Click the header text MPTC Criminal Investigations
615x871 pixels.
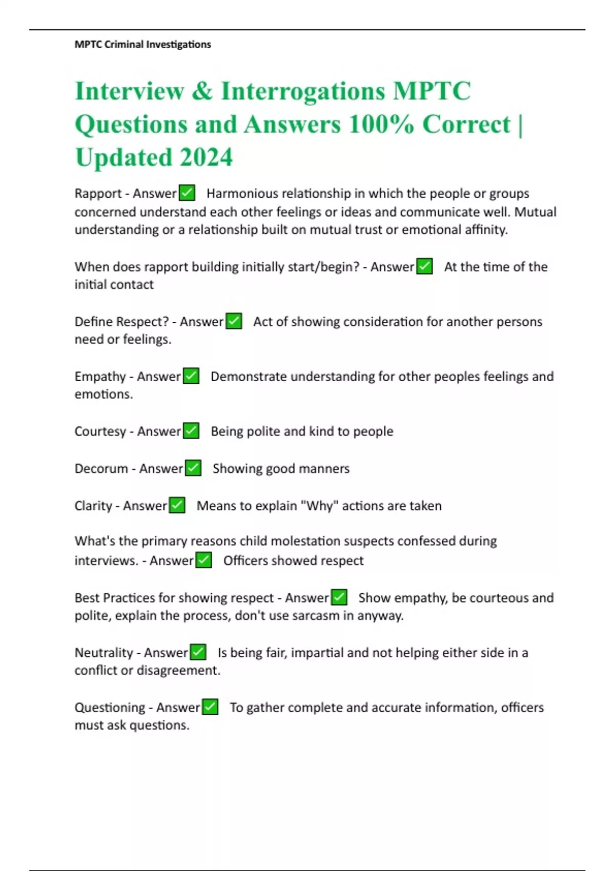(x=142, y=45)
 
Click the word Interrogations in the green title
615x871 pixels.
(x=302, y=92)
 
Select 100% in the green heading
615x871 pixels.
(x=381, y=125)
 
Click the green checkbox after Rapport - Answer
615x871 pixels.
(x=187, y=193)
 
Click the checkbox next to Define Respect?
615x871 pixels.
(x=234, y=321)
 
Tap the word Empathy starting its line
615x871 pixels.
(x=100, y=377)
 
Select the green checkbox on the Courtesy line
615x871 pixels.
(x=191, y=431)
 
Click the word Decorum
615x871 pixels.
(x=101, y=468)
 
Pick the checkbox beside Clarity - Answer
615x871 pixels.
(x=177, y=505)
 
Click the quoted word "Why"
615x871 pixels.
(x=319, y=506)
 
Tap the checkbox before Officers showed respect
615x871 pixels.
(x=203, y=560)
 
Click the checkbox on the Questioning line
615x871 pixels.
(x=210, y=707)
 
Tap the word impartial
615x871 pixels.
(x=317, y=653)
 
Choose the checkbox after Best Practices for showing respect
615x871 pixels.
(x=339, y=597)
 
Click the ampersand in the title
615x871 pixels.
(x=202, y=92)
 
